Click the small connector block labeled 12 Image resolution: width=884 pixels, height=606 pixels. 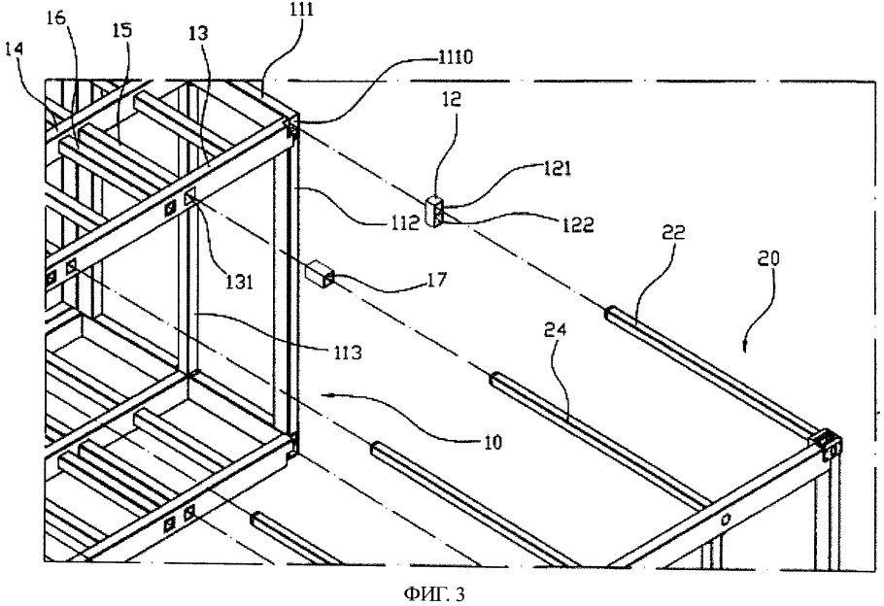(x=435, y=210)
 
